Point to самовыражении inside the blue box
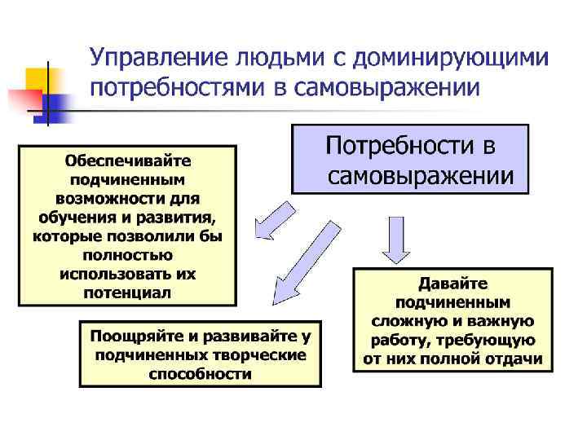click(421, 176)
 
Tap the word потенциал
click(127, 291)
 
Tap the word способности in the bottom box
click(200, 374)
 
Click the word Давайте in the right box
click(452, 284)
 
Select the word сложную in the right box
click(403, 321)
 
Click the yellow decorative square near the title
click(38, 79)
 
